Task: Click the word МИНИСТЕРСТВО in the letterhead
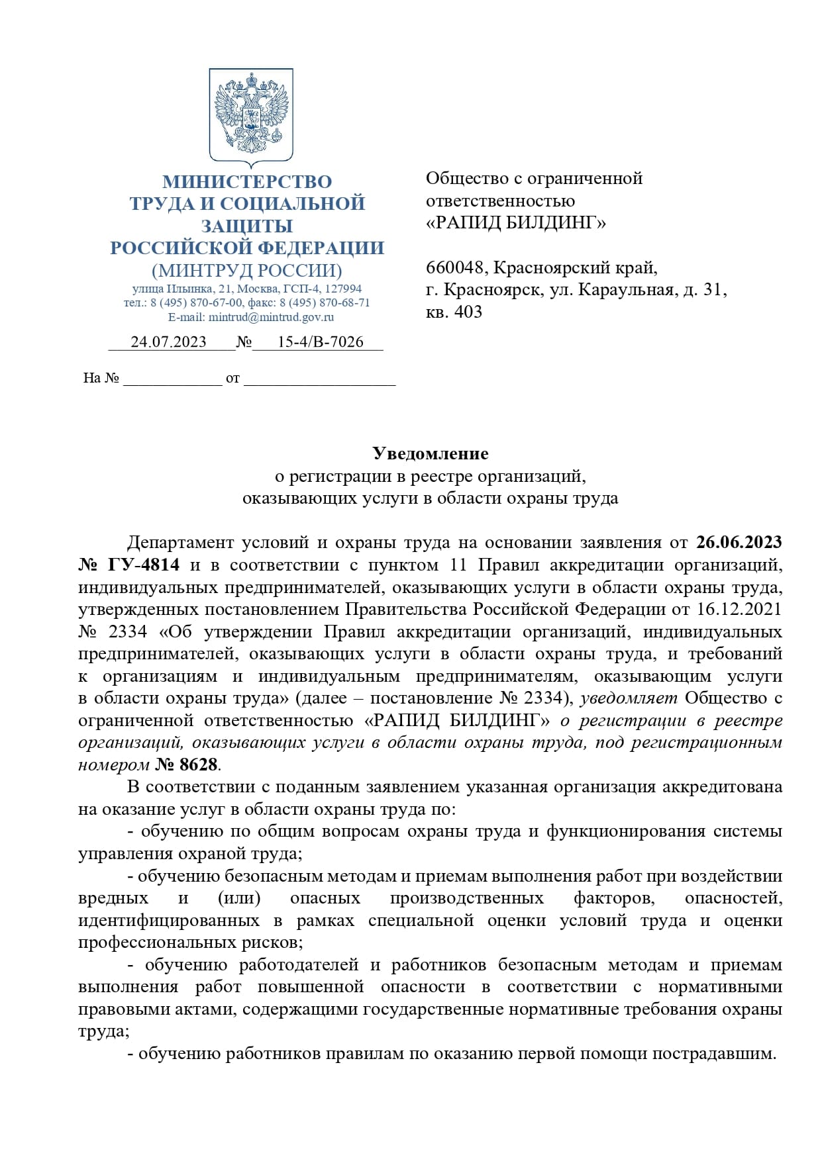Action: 247,181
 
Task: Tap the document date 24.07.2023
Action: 168,342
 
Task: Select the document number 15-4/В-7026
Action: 320,342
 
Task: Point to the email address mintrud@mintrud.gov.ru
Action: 271,317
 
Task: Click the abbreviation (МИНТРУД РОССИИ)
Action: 247,271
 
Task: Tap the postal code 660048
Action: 456,267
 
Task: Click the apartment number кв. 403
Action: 454,312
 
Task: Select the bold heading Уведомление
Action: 430,453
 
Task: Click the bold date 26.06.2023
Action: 739,542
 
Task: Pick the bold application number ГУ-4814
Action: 142,565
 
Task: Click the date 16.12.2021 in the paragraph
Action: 739,609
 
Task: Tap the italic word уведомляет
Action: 629,698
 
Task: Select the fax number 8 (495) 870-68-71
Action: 325,303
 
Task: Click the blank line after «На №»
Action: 172,379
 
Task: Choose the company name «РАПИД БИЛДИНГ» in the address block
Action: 515,223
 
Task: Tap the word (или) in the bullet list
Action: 239,898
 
